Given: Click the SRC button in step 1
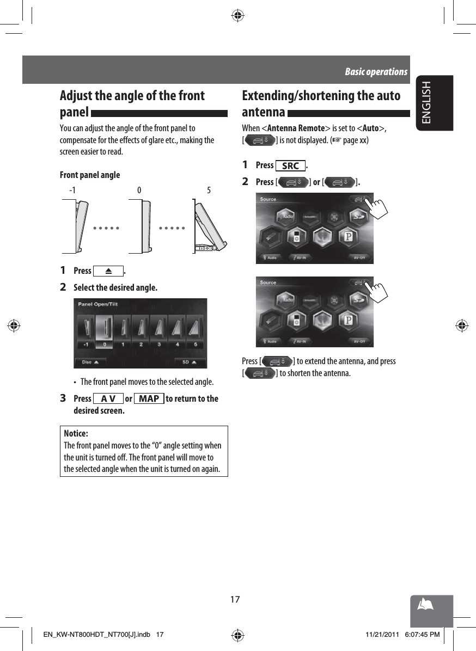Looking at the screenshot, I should pos(291,165).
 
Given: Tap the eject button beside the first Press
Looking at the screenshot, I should pos(108,271).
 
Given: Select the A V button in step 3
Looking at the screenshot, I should pos(108,398).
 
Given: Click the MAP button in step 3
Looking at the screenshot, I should pos(149,398).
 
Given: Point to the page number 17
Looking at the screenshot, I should pos(234,599).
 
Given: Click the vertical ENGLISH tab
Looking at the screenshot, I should pos(426,102).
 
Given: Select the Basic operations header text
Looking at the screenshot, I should pos(376,72).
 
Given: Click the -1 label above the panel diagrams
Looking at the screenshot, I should pos(72,191).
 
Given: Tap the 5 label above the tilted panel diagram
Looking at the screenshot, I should pos(209,191).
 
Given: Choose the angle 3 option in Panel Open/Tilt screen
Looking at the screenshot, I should pos(159,332).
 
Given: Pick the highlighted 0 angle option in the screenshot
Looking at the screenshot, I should pos(104,332).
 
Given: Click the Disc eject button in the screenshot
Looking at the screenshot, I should pos(90,361).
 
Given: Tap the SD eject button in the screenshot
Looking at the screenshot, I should pos(188,361).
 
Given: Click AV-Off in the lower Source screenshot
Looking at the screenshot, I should pos(359,342).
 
